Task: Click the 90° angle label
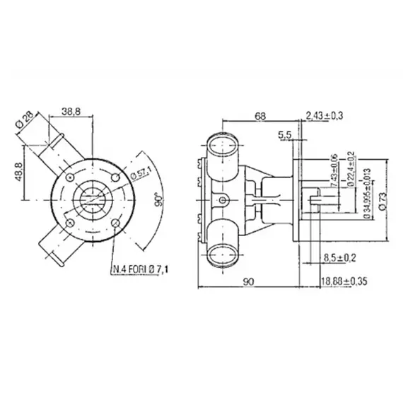[160, 199]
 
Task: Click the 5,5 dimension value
[285, 134]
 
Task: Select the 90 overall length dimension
[249, 281]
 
